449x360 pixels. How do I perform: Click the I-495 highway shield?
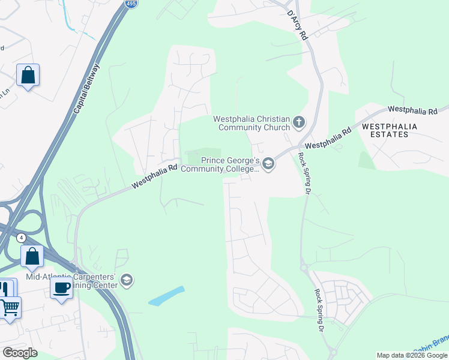tap(131, 3)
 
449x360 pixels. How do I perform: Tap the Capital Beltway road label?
tap(88, 90)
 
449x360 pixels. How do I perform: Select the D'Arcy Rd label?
tap(297, 26)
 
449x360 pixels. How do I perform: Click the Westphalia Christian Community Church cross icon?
tap(299, 124)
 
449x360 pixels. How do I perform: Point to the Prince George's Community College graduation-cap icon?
tap(268, 164)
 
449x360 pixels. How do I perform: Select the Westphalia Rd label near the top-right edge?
tap(412, 110)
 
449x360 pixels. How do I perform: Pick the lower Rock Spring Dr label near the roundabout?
tap(319, 311)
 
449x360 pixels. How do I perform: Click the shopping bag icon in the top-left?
tap(28, 76)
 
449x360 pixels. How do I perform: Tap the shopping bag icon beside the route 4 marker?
tap(32, 256)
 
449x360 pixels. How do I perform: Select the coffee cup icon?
tap(61, 288)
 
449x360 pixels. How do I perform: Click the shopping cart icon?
tap(10, 308)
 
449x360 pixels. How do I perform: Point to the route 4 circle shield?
tap(21, 238)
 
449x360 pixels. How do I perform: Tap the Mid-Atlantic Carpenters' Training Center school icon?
tap(126, 279)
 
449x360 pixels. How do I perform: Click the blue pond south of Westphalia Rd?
tap(166, 295)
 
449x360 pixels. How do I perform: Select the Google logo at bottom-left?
tap(20, 353)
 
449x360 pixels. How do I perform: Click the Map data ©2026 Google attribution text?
tap(412, 355)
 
